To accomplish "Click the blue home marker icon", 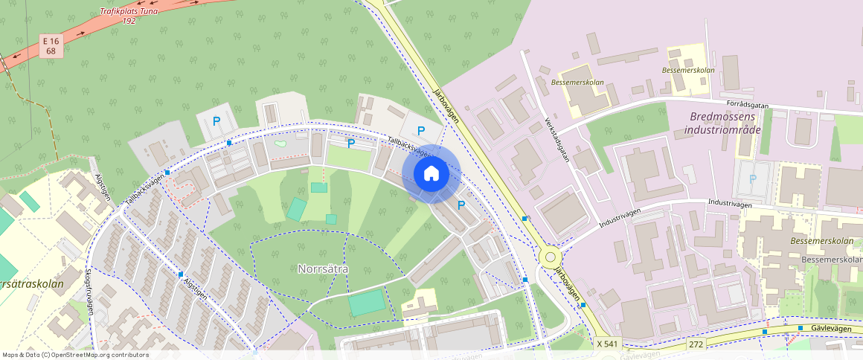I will click(x=431, y=174).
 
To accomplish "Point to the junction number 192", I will click(x=129, y=21).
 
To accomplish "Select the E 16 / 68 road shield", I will click(x=51, y=46).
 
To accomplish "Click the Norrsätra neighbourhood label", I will click(x=323, y=269).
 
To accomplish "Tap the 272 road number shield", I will click(x=696, y=344).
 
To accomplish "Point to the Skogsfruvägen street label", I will click(x=89, y=292).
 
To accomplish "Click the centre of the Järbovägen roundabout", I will click(x=551, y=257).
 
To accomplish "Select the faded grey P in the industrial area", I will click(x=753, y=179).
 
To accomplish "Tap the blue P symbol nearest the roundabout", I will click(x=461, y=205).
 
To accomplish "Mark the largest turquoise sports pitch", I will click(x=368, y=302).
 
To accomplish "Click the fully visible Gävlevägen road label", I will click(x=830, y=327).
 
